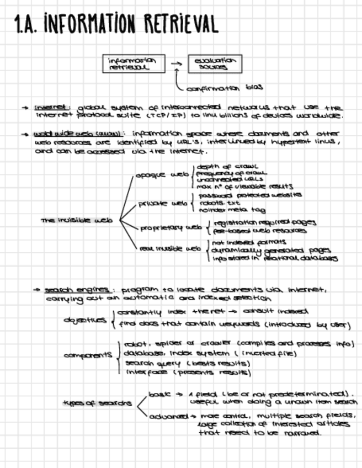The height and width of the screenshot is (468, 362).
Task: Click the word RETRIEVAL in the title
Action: pos(182,24)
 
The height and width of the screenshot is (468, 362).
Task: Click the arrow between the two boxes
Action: pos(176,63)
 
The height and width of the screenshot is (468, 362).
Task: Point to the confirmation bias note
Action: pos(223,88)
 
